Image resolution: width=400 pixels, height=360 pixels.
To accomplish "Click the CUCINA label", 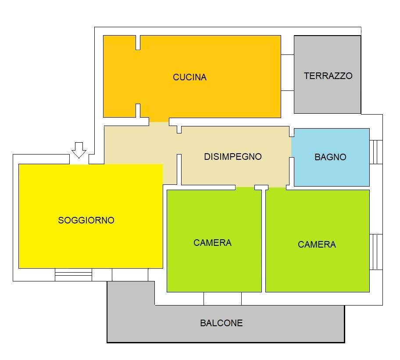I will click(189, 77).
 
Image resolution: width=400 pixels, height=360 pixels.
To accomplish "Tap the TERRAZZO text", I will click(328, 76).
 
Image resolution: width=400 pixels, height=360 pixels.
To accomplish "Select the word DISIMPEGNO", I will click(233, 156).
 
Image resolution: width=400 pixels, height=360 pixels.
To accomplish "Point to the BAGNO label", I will click(330, 157).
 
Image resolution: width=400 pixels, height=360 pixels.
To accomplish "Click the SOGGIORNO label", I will click(86, 220).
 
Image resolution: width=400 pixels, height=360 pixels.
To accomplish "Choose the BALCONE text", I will click(221, 323).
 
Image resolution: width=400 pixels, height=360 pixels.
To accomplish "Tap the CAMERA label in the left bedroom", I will click(212, 243).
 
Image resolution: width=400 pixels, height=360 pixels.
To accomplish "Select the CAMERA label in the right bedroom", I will click(317, 245).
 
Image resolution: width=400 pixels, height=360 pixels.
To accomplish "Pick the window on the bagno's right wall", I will click(376, 152).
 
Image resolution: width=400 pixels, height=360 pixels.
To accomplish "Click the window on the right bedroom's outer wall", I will click(376, 252).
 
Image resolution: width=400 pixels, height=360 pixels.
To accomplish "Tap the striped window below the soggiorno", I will click(73, 275).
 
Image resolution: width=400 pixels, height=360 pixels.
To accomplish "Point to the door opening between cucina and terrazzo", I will click(287, 73).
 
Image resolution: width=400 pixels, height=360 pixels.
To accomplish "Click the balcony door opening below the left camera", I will click(222, 299).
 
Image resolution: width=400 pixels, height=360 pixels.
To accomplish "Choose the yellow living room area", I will click(88, 246).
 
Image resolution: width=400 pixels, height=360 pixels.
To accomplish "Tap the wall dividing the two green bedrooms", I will click(264, 241).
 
